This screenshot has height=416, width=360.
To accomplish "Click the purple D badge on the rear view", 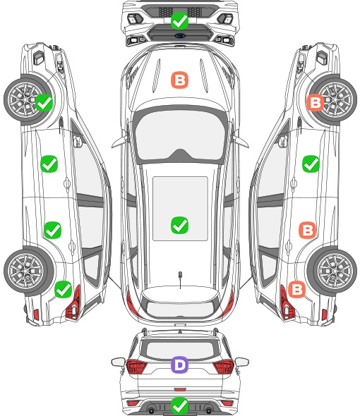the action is click(179, 365).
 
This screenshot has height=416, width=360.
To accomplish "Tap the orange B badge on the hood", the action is click(179, 80).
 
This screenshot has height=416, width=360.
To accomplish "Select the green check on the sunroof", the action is click(179, 225).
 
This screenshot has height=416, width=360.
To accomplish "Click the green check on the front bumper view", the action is click(179, 20).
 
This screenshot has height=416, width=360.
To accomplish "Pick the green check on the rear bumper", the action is click(179, 405).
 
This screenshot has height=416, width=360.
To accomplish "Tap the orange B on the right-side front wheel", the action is click(315, 103).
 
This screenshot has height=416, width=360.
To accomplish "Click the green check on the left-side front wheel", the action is click(44, 103).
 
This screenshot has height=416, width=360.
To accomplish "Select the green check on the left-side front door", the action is click(49, 164).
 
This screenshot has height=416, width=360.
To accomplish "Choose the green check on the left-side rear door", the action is click(53, 230).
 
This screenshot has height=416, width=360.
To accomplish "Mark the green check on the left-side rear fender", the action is click(63, 289).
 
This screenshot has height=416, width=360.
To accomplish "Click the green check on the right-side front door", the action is click(311, 164).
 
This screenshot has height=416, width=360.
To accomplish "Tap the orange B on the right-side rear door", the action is click(308, 230).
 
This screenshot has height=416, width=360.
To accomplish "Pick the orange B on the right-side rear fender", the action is click(296, 289).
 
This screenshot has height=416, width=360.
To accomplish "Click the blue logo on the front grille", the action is click(180, 35).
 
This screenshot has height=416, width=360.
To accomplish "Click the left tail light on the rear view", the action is click(136, 367).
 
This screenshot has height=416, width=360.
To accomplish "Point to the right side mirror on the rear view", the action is click(242, 362).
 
